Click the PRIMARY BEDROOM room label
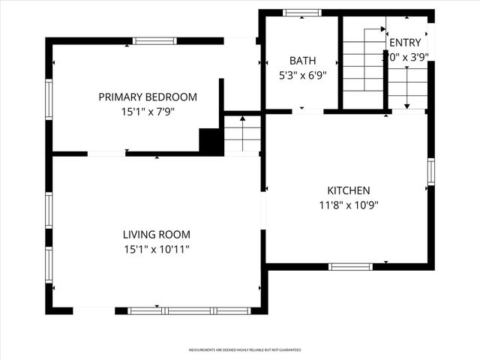coord(148,97)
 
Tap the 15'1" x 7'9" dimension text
coord(148,112)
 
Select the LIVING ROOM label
coord(157,234)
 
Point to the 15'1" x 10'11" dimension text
coord(157,249)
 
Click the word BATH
coord(303,61)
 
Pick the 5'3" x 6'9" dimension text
coord(303,76)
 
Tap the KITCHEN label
coord(348,190)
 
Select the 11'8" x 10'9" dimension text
coord(348,205)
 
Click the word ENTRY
coord(405,43)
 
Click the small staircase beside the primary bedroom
coord(242,134)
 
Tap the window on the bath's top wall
coord(301,12)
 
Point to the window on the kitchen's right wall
coord(431,172)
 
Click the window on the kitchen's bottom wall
coord(350,266)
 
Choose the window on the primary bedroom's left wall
coord(49,100)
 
